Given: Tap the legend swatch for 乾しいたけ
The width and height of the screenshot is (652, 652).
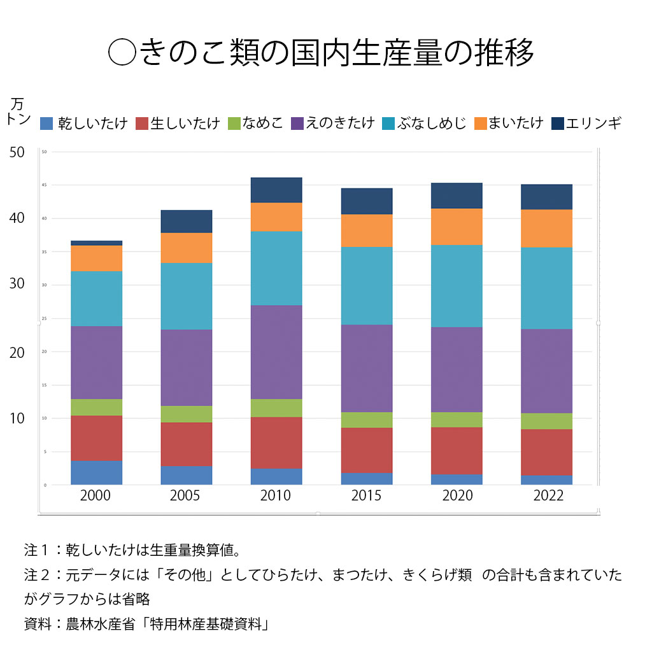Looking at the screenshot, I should point(46,124).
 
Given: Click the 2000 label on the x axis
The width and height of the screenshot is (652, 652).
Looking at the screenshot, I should point(96,495).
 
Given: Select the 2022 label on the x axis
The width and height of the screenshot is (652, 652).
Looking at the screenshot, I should point(546,495).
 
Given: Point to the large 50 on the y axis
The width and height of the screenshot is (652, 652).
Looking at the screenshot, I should point(17,152).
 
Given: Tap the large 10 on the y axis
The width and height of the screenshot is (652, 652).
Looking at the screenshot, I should point(17,418).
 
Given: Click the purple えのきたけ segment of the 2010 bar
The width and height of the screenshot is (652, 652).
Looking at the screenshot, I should point(276,351).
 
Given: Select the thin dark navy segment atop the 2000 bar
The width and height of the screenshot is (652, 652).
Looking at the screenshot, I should point(96,243).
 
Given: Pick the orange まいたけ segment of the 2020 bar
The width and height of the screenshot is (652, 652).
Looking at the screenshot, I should point(456,227).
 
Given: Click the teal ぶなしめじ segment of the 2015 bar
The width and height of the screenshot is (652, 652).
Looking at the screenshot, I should point(366,285).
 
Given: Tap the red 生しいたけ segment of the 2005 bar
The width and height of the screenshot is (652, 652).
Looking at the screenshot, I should point(186,444).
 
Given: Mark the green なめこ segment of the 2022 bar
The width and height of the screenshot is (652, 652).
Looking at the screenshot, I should point(546,421).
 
